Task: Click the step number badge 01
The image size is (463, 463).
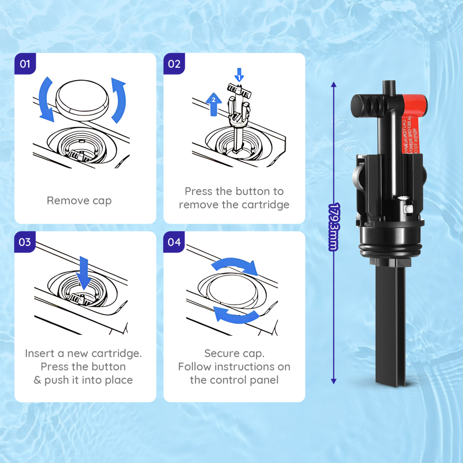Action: click(x=25, y=64)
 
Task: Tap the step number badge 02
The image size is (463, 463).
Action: click(x=174, y=64)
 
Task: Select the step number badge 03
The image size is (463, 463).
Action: click(x=25, y=242)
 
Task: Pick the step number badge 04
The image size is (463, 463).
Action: click(x=174, y=242)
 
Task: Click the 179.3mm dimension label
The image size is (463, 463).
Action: click(x=334, y=227)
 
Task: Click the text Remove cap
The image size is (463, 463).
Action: click(x=79, y=201)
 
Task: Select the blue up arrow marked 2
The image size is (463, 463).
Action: click(x=213, y=104)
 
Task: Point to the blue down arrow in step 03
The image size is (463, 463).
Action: click(x=84, y=273)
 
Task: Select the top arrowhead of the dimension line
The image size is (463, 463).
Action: click(x=334, y=84)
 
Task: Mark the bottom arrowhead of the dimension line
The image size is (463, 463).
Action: click(x=334, y=381)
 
